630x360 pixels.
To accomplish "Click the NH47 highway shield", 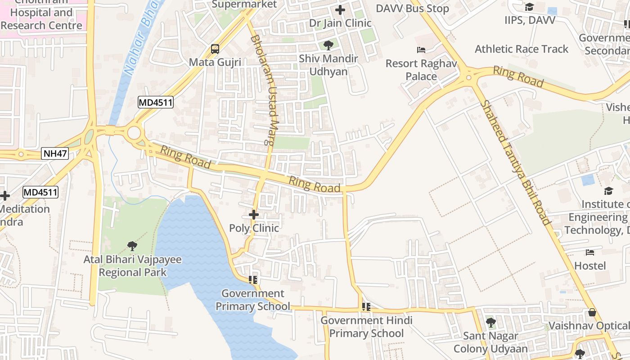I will [x=55, y=153].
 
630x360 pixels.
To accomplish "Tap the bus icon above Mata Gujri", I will [x=215, y=49].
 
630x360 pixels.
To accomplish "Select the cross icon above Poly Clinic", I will [x=254, y=215].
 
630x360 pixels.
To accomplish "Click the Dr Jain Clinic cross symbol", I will [x=340, y=9].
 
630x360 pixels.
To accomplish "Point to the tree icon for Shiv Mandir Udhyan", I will [x=328, y=45].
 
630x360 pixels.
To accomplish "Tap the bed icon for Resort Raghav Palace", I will [x=421, y=50].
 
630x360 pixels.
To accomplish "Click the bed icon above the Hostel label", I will [x=590, y=252].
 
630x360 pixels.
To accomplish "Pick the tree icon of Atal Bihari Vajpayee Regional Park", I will [x=132, y=246].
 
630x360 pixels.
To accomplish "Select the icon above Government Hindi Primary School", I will [x=366, y=307].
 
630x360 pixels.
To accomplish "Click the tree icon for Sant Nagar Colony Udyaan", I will [x=490, y=323].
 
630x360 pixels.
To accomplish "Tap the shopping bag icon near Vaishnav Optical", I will [x=592, y=312].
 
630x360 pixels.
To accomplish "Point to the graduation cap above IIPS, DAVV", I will [x=529, y=7].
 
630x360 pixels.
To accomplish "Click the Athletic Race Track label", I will [x=522, y=49].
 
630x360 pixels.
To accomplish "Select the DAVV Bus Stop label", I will [x=412, y=9].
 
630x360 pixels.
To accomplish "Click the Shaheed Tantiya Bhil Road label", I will [x=516, y=163].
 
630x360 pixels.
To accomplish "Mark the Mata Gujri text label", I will [x=215, y=62].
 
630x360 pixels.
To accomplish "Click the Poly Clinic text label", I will [x=254, y=228].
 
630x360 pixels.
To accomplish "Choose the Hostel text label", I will [x=590, y=265].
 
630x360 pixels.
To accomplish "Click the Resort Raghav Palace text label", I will [x=421, y=70].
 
